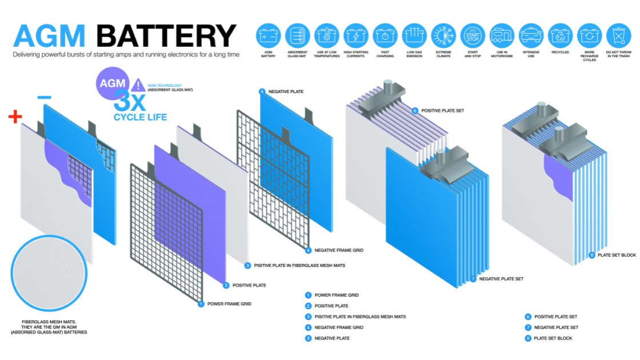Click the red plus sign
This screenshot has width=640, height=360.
point(15,117)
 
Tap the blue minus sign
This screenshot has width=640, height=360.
point(43,98)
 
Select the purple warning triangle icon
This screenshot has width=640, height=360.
point(138,86)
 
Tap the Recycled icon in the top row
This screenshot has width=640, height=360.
point(560,35)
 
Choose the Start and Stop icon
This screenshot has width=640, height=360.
point(472,35)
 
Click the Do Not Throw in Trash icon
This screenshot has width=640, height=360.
point(618,35)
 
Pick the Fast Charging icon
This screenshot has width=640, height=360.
point(385,35)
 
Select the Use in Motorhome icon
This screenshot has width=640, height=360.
point(501,35)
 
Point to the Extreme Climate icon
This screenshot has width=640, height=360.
point(443,35)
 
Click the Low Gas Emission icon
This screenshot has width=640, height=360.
point(414,35)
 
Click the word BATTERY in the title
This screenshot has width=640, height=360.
point(166,37)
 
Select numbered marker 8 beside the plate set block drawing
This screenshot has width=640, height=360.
point(591,255)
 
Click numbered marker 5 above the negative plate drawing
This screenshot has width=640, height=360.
point(262,91)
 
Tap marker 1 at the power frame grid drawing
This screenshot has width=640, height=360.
point(201,304)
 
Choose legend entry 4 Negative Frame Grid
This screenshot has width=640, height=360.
point(309,327)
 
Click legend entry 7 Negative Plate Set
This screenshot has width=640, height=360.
point(528,327)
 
